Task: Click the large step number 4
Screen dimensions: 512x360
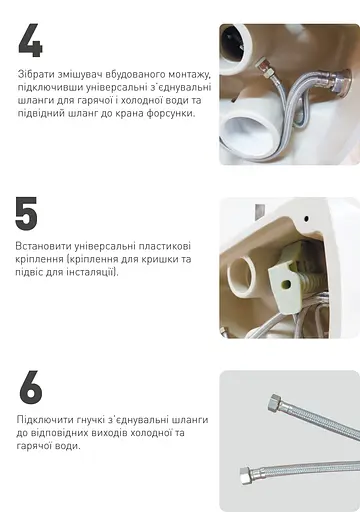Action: click(30, 41)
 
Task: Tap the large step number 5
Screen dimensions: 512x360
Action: click(27, 214)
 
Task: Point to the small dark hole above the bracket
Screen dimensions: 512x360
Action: click(259, 211)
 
